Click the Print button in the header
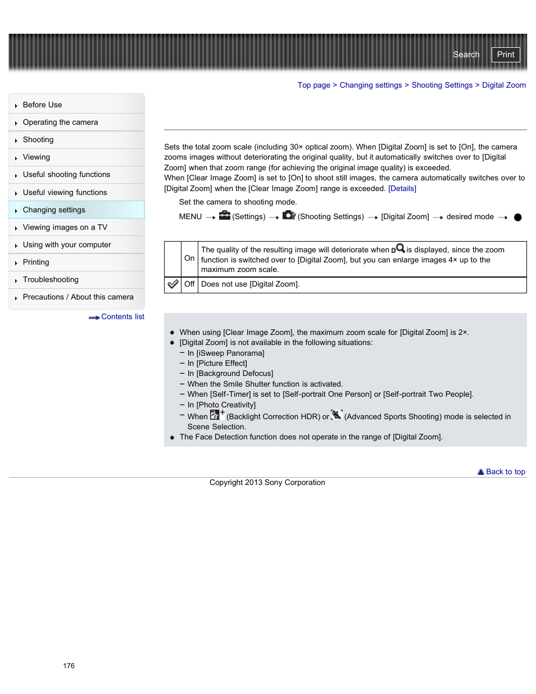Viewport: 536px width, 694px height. pyautogui.click(x=505, y=55)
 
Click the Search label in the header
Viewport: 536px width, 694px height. pyautogui.click(x=466, y=55)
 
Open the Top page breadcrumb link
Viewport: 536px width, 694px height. pyautogui.click(x=314, y=85)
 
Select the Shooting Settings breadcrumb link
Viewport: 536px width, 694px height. pyautogui.click(x=442, y=85)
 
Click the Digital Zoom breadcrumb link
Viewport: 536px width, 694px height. pyautogui.click(x=503, y=85)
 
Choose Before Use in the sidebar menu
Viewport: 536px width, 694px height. pyautogui.click(x=42, y=105)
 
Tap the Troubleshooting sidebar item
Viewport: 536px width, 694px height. pyautogui.click(x=51, y=280)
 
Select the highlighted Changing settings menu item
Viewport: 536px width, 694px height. pyautogui.click(x=54, y=210)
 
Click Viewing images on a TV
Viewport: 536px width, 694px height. pyautogui.click(x=65, y=228)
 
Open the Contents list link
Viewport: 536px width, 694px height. pyautogui.click(x=122, y=317)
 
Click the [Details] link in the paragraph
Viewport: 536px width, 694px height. pyautogui.click(x=402, y=189)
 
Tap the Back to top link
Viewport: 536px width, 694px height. pyautogui.click(x=505, y=472)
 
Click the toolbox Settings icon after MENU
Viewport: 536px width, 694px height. pyautogui.click(x=224, y=216)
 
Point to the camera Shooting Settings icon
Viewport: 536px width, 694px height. pyautogui.click(x=289, y=215)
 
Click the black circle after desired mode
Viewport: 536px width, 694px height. pyautogui.click(x=517, y=217)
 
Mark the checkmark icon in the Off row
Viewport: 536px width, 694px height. pyautogui.click(x=173, y=284)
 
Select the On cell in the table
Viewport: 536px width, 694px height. pyautogui.click(x=189, y=258)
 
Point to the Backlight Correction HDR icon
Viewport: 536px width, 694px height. pyautogui.click(x=217, y=415)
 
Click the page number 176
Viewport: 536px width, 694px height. pyautogui.click(x=69, y=666)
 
